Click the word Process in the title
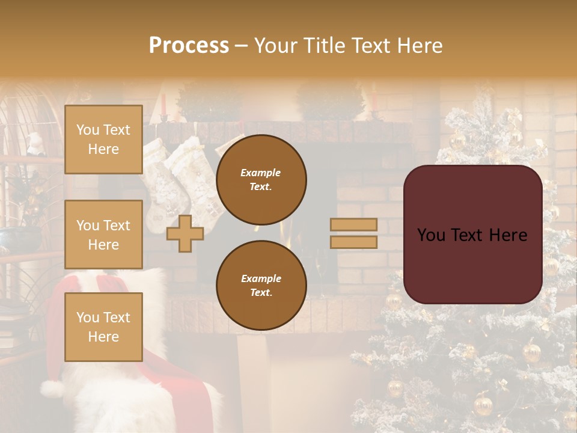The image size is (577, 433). (x=189, y=45)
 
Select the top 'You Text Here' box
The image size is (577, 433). (x=103, y=140)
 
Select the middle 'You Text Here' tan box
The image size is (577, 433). (x=103, y=235)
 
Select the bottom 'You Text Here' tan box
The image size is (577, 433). (x=103, y=327)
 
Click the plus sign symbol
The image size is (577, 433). (x=185, y=233)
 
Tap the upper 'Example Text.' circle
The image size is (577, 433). (x=261, y=179)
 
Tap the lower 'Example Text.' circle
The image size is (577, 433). (x=261, y=285)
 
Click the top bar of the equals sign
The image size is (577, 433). (x=353, y=224)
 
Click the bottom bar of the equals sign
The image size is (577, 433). (x=353, y=242)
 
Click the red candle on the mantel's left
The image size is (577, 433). (x=163, y=103)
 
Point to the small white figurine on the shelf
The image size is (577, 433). (x=35, y=144)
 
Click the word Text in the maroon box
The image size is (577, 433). (x=472, y=235)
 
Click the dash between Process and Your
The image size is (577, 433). (x=242, y=46)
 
